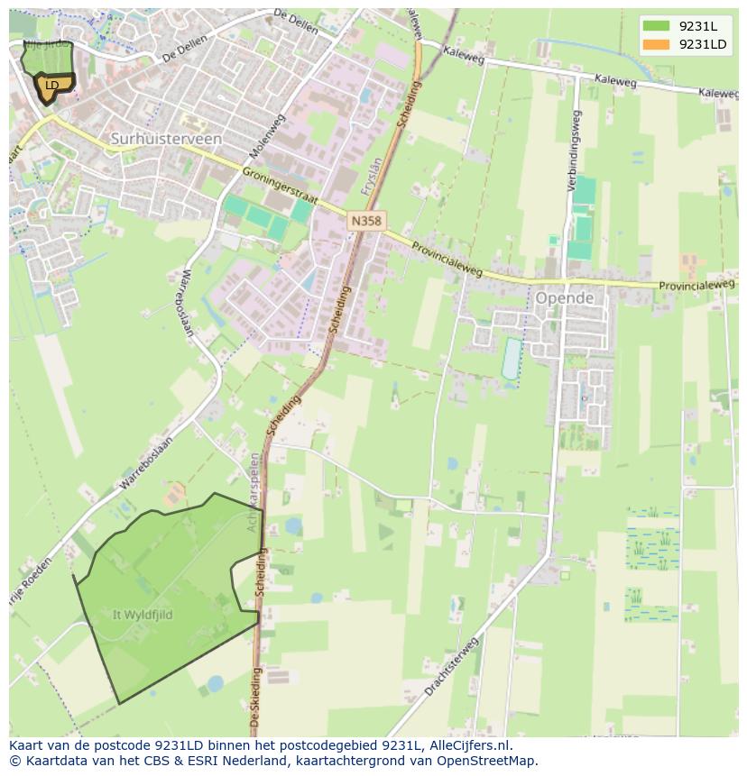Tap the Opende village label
point(564,297)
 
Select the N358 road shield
point(366,219)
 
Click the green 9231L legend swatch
point(656,26)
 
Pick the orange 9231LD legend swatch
point(656,44)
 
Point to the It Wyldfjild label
point(143,615)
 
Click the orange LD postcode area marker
point(52,86)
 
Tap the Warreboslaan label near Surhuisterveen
point(188,302)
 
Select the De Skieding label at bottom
point(256,698)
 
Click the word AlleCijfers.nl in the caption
point(469,745)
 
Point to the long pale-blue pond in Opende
point(512,359)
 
